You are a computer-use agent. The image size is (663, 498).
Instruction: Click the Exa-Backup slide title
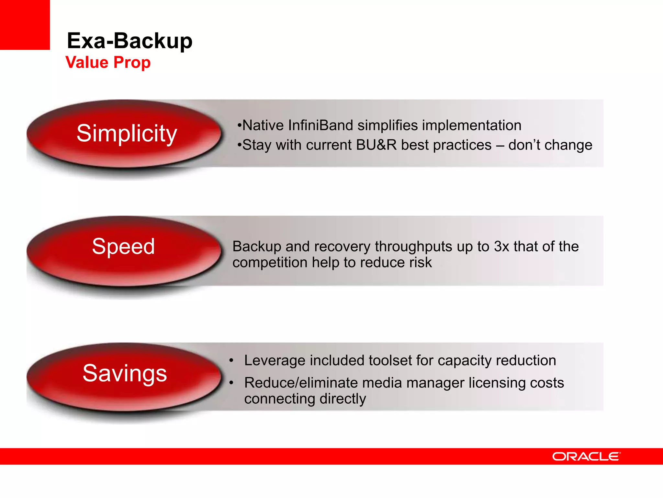[129, 41]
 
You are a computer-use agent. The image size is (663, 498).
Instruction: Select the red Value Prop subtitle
[108, 62]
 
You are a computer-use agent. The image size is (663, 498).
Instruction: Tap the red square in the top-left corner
[25, 25]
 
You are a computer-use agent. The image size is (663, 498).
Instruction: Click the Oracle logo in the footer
[586, 456]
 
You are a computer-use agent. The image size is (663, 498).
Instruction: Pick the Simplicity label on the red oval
[127, 133]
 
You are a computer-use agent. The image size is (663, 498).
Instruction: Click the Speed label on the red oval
[123, 246]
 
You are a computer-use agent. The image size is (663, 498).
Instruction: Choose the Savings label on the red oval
[125, 373]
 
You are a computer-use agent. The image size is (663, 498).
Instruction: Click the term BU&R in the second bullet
[376, 145]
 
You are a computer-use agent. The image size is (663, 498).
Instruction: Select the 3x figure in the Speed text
[501, 246]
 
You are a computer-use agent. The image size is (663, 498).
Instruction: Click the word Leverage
[275, 361]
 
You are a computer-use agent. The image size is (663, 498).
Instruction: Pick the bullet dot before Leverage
[231, 361]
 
